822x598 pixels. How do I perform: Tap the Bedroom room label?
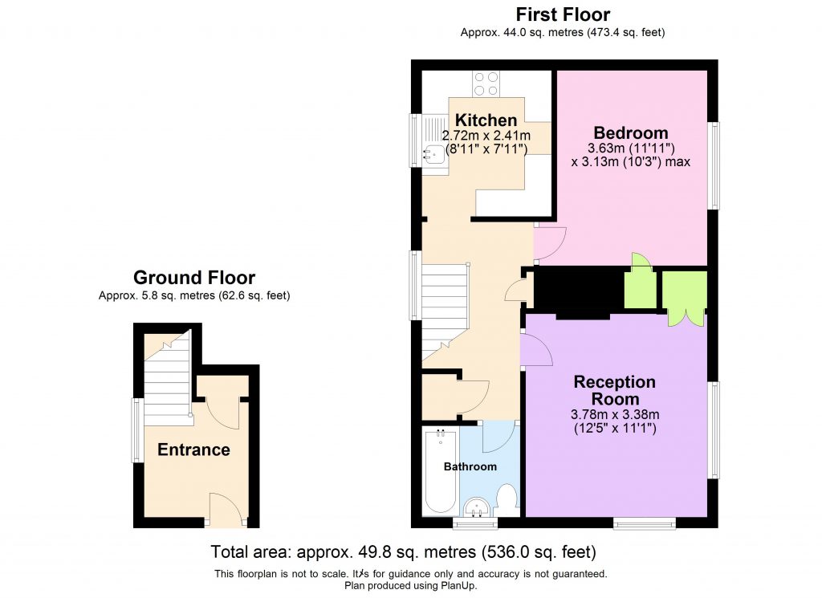coord(630,132)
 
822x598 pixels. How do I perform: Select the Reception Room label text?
coord(615,390)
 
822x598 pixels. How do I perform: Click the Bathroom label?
coord(471,466)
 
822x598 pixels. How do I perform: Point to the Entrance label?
coord(193,450)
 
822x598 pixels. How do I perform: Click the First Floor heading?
coord(562,14)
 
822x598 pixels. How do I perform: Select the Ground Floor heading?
coord(194,278)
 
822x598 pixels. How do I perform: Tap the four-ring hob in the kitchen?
coord(486,83)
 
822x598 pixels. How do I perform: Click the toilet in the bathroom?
coord(507,499)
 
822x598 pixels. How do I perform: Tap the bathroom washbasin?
coord(478,506)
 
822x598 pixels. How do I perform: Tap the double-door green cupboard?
coord(684,299)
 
